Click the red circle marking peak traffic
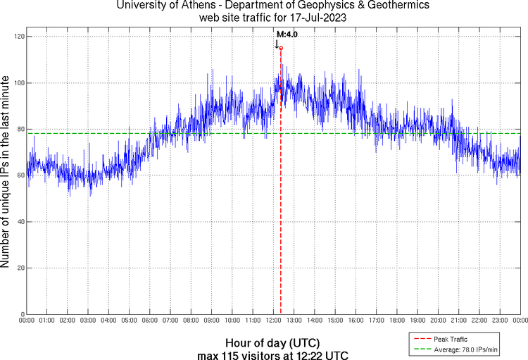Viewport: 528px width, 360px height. (281, 48)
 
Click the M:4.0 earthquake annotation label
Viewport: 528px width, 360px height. (287, 33)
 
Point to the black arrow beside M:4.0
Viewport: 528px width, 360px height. (277, 42)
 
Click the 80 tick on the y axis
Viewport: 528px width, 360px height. (20, 129)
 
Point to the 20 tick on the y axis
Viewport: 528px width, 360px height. (20, 268)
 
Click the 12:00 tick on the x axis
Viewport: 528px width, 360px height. (274, 321)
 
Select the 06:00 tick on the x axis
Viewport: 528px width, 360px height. (150, 321)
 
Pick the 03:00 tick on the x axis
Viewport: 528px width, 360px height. (89, 321)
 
